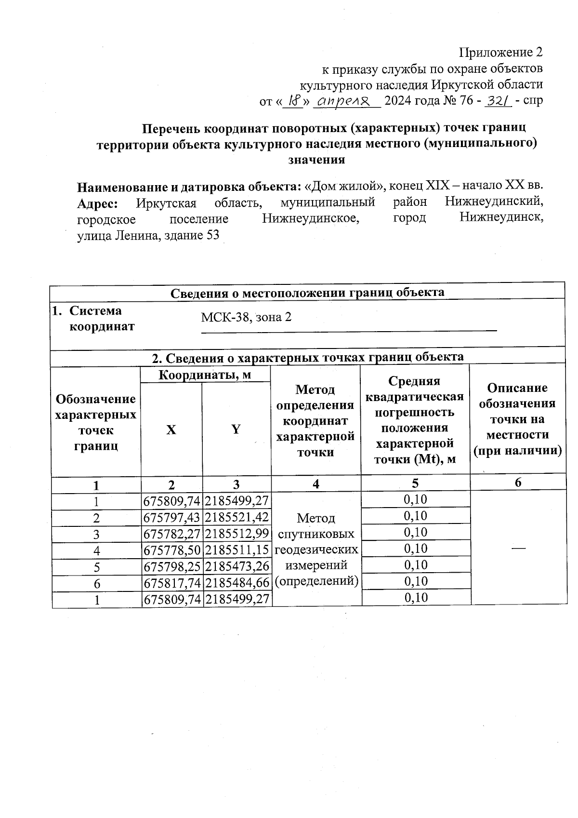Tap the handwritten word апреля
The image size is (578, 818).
pyautogui.click(x=346, y=101)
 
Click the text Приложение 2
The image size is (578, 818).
pyautogui.click(x=501, y=52)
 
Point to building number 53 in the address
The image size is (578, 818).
pyautogui.click(x=212, y=236)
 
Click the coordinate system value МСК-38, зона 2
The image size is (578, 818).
pyautogui.click(x=246, y=317)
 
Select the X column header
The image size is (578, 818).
pyautogui.click(x=171, y=429)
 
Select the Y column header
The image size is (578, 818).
pyautogui.click(x=236, y=429)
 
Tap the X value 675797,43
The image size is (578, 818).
pyautogui.click(x=172, y=518)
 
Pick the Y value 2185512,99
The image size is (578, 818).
pyautogui.click(x=237, y=534)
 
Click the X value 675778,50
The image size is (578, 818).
pyautogui.click(x=172, y=550)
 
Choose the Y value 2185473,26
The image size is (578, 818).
pyautogui.click(x=237, y=567)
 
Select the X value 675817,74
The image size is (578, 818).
pyautogui.click(x=172, y=583)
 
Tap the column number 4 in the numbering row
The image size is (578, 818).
pyautogui.click(x=315, y=483)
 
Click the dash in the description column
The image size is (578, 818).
pyautogui.click(x=518, y=548)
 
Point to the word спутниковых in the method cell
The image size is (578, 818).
pyautogui.click(x=316, y=534)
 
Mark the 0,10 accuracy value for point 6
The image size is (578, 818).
pyautogui.click(x=416, y=581)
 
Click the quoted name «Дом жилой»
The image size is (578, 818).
pyautogui.click(x=345, y=186)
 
